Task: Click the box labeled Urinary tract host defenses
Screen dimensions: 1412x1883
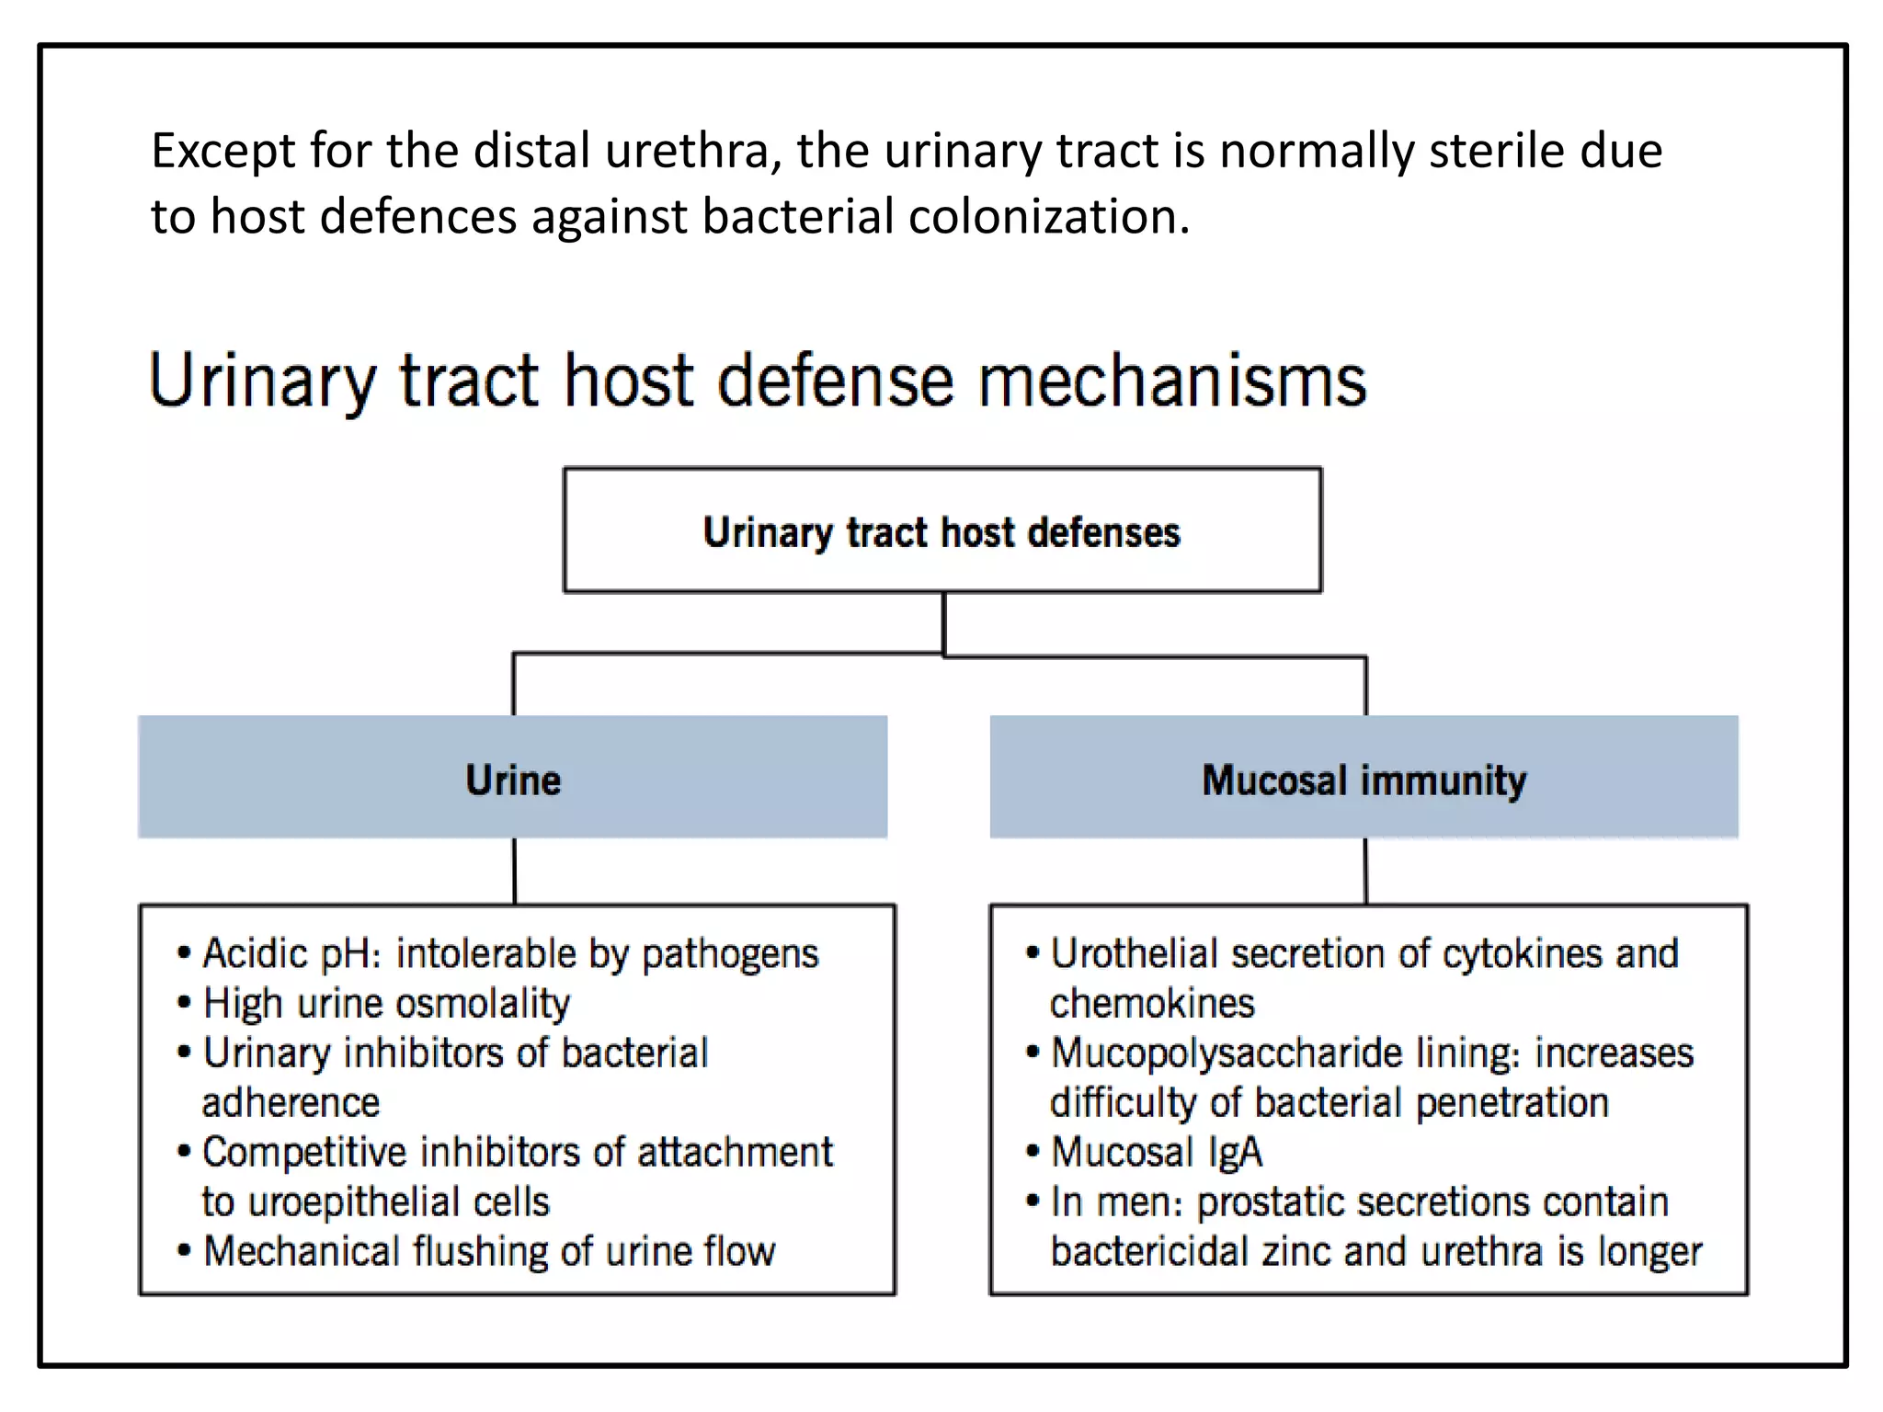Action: (x=942, y=530)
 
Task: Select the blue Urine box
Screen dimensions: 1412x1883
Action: (x=512, y=778)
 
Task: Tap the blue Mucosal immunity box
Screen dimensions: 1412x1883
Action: (x=1364, y=778)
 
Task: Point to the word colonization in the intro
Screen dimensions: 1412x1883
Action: (x=1048, y=217)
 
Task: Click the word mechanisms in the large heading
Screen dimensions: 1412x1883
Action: (x=1172, y=381)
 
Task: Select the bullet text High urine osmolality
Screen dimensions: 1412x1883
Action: (x=386, y=1003)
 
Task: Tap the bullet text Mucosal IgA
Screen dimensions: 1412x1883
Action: (x=1157, y=1152)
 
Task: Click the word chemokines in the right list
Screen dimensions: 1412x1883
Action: (x=1152, y=1003)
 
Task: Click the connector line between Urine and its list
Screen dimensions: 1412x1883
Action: (x=514, y=871)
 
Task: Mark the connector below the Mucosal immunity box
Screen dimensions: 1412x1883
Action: (x=1365, y=871)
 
